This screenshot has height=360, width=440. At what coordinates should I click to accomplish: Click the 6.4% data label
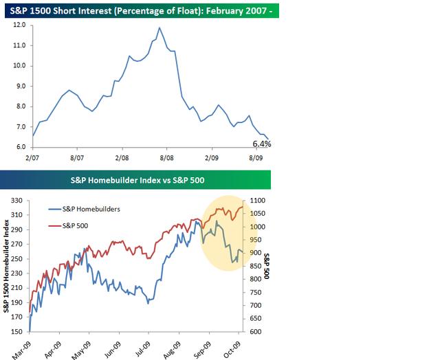coord(262,144)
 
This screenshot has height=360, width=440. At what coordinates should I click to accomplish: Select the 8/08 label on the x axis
coord(167,157)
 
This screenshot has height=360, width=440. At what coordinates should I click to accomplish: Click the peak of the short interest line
coord(159,28)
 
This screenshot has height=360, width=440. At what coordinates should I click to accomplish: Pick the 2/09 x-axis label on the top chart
coord(212,157)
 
